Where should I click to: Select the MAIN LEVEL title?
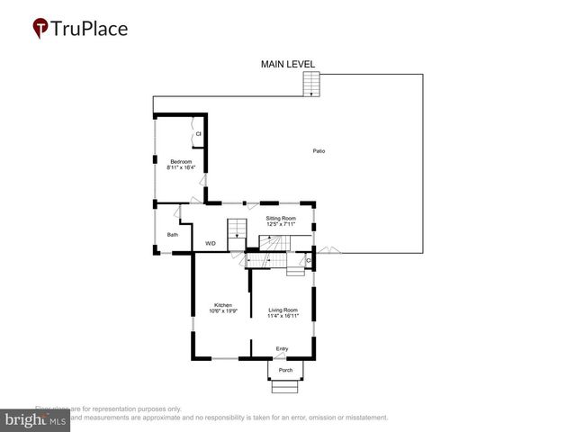coord(288,64)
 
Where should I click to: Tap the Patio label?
coord(319,150)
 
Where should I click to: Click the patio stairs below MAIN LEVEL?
coord(310,85)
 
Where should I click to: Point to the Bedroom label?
coord(182,161)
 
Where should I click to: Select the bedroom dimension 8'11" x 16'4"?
coord(182,167)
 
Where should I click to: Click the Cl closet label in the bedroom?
coord(198,135)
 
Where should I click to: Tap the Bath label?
coord(172,235)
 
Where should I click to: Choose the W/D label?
coord(211,243)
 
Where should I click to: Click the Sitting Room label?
coord(281,218)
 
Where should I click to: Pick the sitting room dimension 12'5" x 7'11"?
coord(281,224)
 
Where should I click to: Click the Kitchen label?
coord(223,305)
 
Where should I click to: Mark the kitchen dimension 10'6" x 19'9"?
coord(223,311)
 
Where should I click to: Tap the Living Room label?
coord(283,310)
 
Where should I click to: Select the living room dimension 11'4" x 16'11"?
coord(283,316)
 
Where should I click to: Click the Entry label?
coord(282,349)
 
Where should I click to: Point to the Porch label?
coord(285,370)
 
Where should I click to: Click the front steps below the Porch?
coord(286,386)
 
